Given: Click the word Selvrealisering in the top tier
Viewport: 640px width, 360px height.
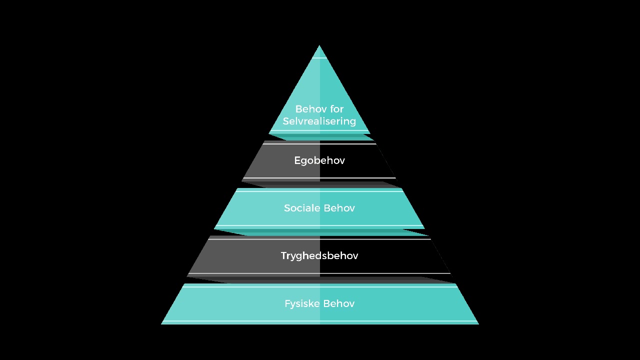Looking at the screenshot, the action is tap(319, 121).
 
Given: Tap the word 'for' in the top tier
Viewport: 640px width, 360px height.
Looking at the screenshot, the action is tap(337, 109).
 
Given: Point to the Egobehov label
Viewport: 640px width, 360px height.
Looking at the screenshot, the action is tap(319, 161).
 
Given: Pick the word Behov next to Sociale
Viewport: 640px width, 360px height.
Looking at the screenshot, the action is tap(339, 208).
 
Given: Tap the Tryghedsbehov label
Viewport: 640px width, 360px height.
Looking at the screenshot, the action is tap(319, 255).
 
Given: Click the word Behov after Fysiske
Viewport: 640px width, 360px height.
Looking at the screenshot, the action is tap(339, 303).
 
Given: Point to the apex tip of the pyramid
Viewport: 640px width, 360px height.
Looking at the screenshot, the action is tap(319, 45).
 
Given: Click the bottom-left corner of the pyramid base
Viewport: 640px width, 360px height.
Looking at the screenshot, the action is tap(161, 324).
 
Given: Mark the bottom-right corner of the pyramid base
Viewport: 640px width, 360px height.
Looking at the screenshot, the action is tap(478, 324).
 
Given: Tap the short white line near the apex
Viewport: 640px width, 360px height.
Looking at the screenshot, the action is tap(319, 58).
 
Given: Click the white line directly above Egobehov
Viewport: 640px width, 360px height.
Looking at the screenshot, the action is tap(319, 144).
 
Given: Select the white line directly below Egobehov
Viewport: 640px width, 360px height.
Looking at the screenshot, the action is tap(319, 178).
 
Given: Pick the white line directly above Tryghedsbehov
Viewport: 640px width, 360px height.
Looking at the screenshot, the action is tap(319, 239).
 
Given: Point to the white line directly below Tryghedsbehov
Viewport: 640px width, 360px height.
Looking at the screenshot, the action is tap(319, 273).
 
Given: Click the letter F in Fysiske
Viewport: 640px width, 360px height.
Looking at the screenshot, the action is tap(287, 303).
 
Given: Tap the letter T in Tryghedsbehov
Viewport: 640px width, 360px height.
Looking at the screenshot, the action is tap(284, 255).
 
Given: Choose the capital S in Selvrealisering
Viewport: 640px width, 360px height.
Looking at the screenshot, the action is tap(286, 121).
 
